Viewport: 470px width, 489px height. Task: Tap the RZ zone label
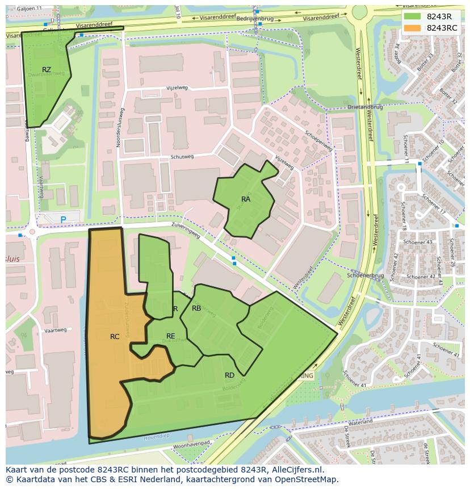47,70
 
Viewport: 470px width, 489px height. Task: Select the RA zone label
246,199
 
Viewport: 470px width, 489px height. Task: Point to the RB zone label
196,308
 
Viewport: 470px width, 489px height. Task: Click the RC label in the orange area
115,337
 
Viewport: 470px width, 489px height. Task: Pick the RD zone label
229,375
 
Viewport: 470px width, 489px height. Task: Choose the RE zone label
170,336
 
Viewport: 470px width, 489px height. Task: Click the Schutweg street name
182,157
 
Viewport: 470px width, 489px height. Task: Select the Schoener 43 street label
417,242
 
